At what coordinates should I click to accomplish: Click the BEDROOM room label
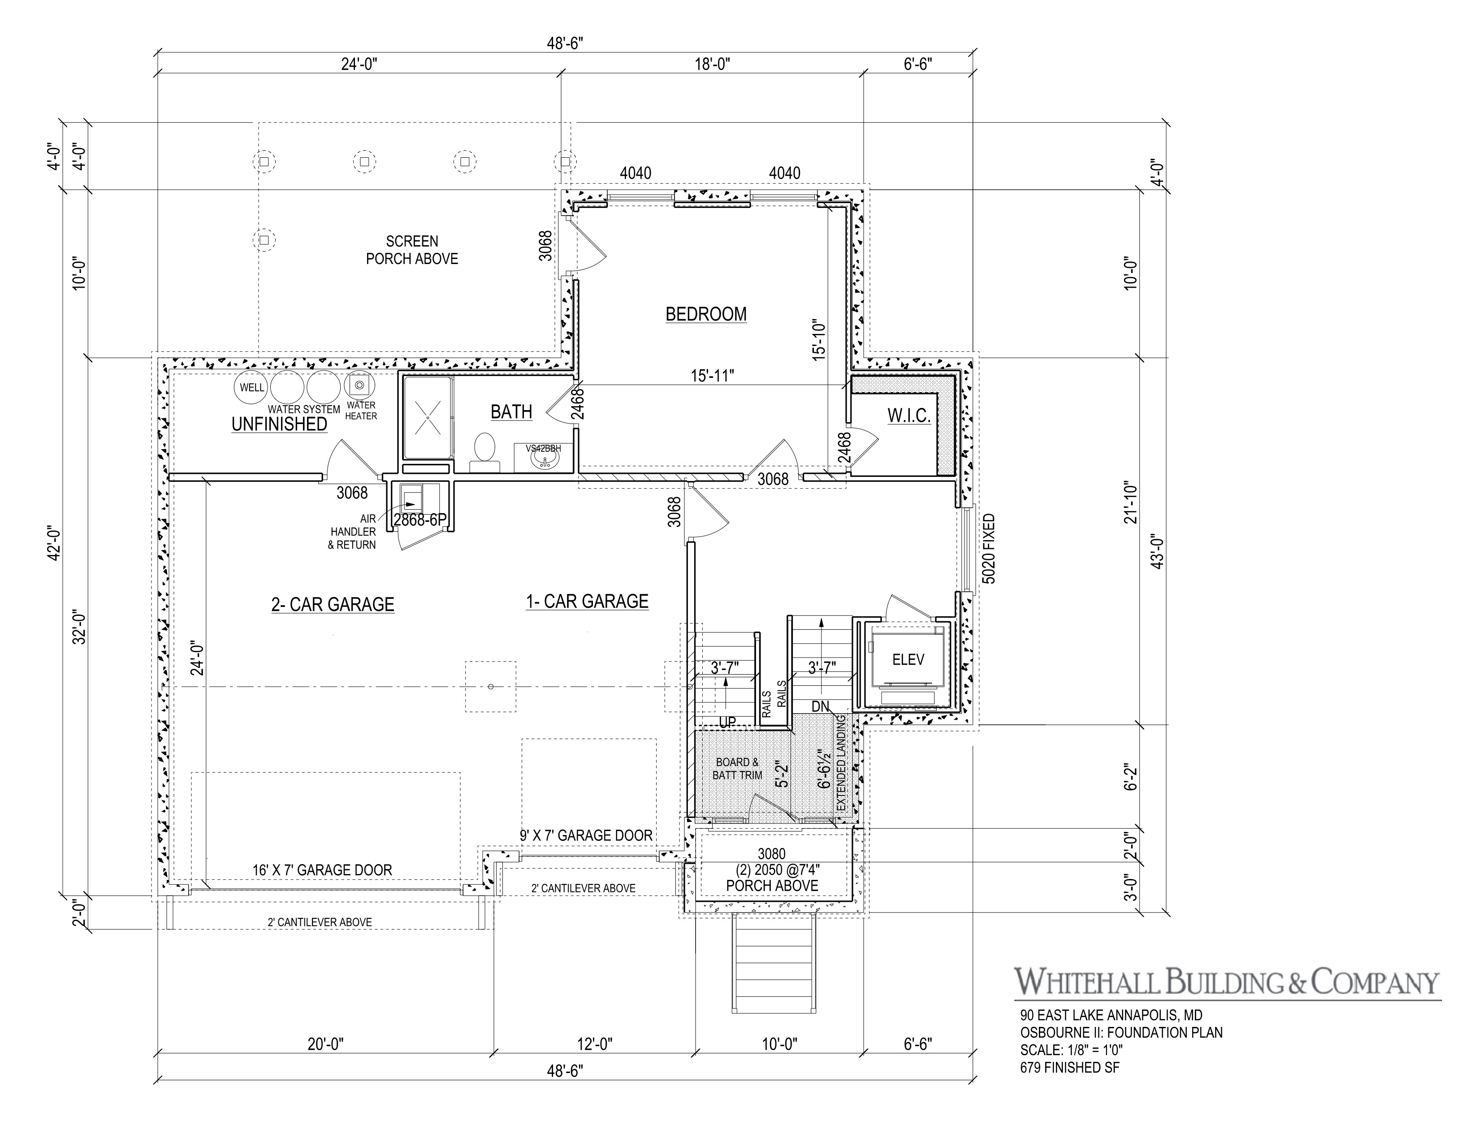pyautogui.click(x=705, y=314)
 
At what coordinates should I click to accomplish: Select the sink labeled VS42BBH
pyautogui.click(x=544, y=460)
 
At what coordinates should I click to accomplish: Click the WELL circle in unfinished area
pyautogui.click(x=251, y=387)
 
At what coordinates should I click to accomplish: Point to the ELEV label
pyautogui.click(x=908, y=659)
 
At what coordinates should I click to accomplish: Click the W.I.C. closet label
pyautogui.click(x=909, y=416)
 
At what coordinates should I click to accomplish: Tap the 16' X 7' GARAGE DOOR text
pyautogui.click(x=322, y=870)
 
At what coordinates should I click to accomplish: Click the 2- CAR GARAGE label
pyautogui.click(x=333, y=605)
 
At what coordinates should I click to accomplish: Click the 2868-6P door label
pyautogui.click(x=420, y=520)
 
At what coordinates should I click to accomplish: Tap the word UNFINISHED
pyautogui.click(x=279, y=424)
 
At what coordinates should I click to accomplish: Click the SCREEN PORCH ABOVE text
pyautogui.click(x=412, y=250)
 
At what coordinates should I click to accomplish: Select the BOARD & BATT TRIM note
pyautogui.click(x=737, y=769)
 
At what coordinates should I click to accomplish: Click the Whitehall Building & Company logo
pyautogui.click(x=1226, y=983)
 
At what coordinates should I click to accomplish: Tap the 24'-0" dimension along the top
pyautogui.click(x=359, y=65)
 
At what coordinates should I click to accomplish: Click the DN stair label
pyautogui.click(x=820, y=706)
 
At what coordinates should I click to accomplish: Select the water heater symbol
pyautogui.click(x=359, y=386)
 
